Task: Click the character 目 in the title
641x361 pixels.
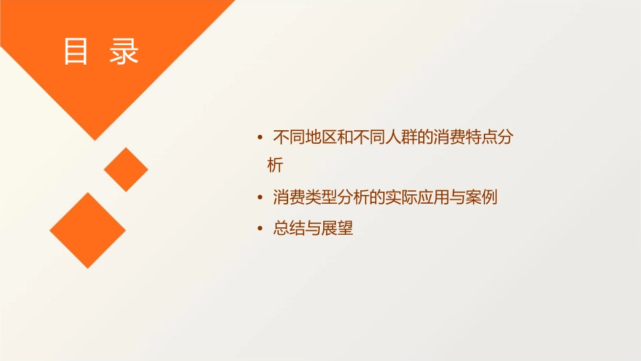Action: point(76,52)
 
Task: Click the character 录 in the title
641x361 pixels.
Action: point(124,52)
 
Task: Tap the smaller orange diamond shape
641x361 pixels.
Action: point(126,169)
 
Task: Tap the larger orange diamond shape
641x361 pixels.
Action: point(88,230)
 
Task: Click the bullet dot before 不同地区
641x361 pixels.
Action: point(261,138)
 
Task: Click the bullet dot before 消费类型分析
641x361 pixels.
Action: point(261,198)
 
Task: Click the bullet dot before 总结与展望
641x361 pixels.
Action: point(261,229)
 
